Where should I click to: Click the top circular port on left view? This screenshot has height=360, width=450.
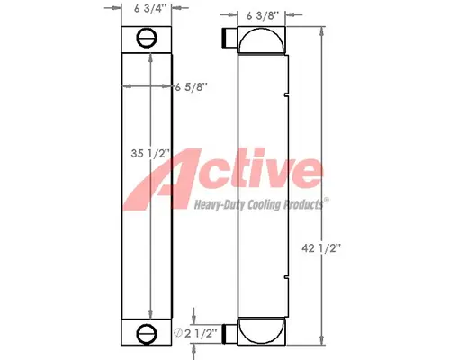click(147, 38)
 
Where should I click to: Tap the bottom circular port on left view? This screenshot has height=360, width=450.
click(147, 335)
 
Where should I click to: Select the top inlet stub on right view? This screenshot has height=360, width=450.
click(227, 39)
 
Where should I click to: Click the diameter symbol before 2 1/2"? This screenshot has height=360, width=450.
click(181, 334)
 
